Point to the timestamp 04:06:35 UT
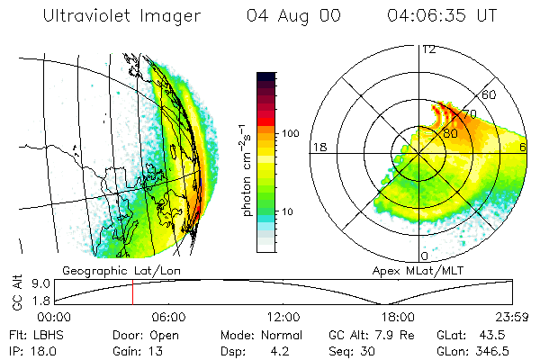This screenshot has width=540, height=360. [x=444, y=16]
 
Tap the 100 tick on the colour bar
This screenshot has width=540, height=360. [x=290, y=133]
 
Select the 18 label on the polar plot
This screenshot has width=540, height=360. [x=318, y=147]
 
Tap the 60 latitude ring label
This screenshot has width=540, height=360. [x=490, y=94]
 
